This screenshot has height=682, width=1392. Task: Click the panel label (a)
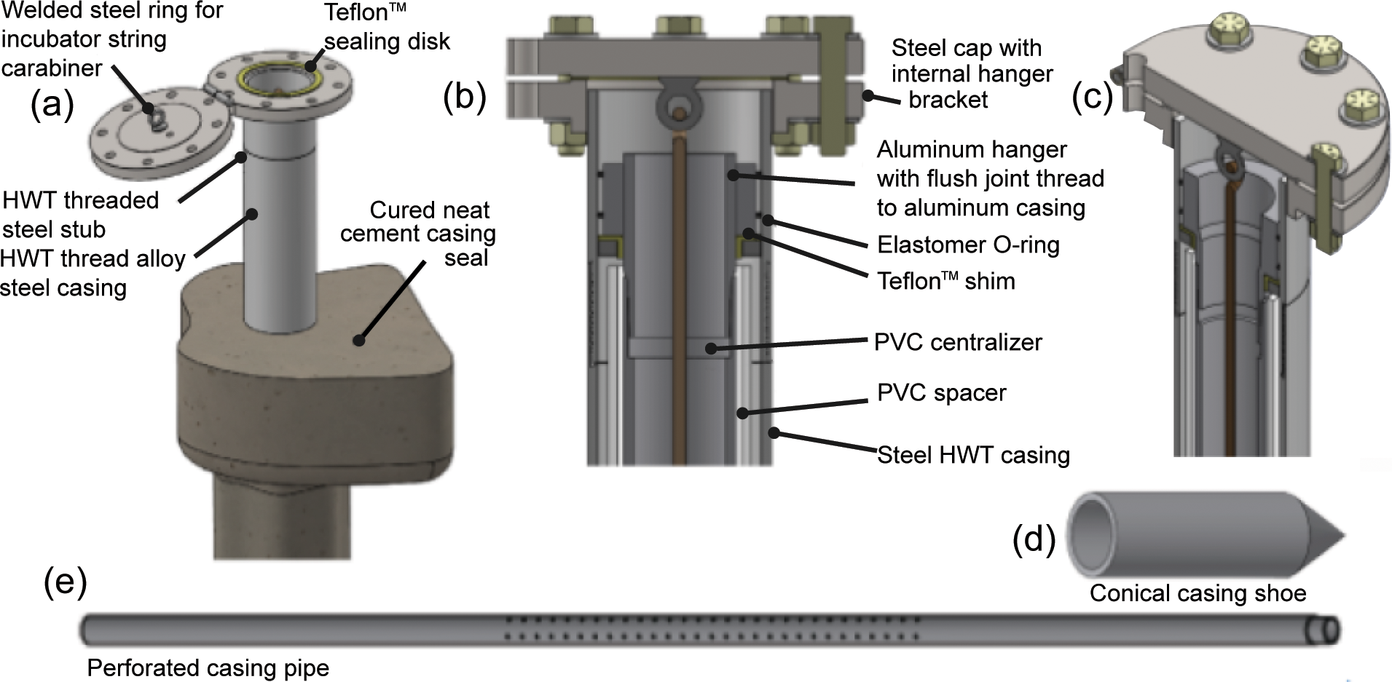[x=52, y=105]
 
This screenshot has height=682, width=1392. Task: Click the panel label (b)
[x=465, y=97]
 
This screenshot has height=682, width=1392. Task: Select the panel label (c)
[x=1093, y=97]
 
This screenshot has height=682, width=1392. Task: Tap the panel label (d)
[x=1034, y=540]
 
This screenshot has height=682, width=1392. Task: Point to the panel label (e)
[x=66, y=582]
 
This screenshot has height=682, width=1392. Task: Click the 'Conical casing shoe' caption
[x=1198, y=593]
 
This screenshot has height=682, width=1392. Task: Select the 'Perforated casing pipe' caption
[x=208, y=667]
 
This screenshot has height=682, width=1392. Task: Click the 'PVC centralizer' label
[x=958, y=342]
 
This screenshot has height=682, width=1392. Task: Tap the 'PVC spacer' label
[x=941, y=393]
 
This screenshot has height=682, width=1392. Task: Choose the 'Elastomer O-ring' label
[x=968, y=245]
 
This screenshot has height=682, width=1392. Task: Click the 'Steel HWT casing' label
[x=973, y=455]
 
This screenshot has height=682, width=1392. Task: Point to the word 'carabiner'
[x=51, y=68]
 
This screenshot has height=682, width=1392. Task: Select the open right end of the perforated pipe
[x=1329, y=630]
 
